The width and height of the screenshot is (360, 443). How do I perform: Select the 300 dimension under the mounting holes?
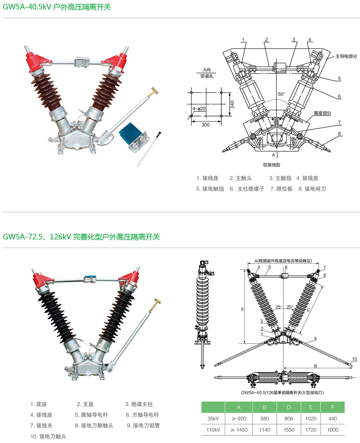click(205, 125)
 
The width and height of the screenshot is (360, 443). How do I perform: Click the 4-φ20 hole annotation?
click(199, 108)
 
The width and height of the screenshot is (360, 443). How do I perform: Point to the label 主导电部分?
click(346, 56)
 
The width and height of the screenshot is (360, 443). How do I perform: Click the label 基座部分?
click(322, 113)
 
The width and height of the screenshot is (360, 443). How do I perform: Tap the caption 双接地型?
click(271, 165)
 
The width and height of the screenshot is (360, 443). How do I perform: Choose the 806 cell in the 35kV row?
click(289, 419)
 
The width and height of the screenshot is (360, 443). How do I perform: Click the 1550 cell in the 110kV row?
click(289, 430)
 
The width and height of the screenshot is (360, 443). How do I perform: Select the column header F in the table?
click(333, 407)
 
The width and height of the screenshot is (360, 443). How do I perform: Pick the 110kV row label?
click(213, 430)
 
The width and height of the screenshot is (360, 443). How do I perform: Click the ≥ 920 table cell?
click(239, 419)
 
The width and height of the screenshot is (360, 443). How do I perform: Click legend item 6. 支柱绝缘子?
click(247, 189)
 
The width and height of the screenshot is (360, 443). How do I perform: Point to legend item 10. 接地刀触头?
click(48, 437)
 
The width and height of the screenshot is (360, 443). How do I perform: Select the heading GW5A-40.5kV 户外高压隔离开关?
click(57, 7)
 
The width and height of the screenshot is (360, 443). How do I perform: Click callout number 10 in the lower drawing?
click(354, 359)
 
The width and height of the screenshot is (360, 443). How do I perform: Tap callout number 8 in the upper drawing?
click(339, 134)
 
